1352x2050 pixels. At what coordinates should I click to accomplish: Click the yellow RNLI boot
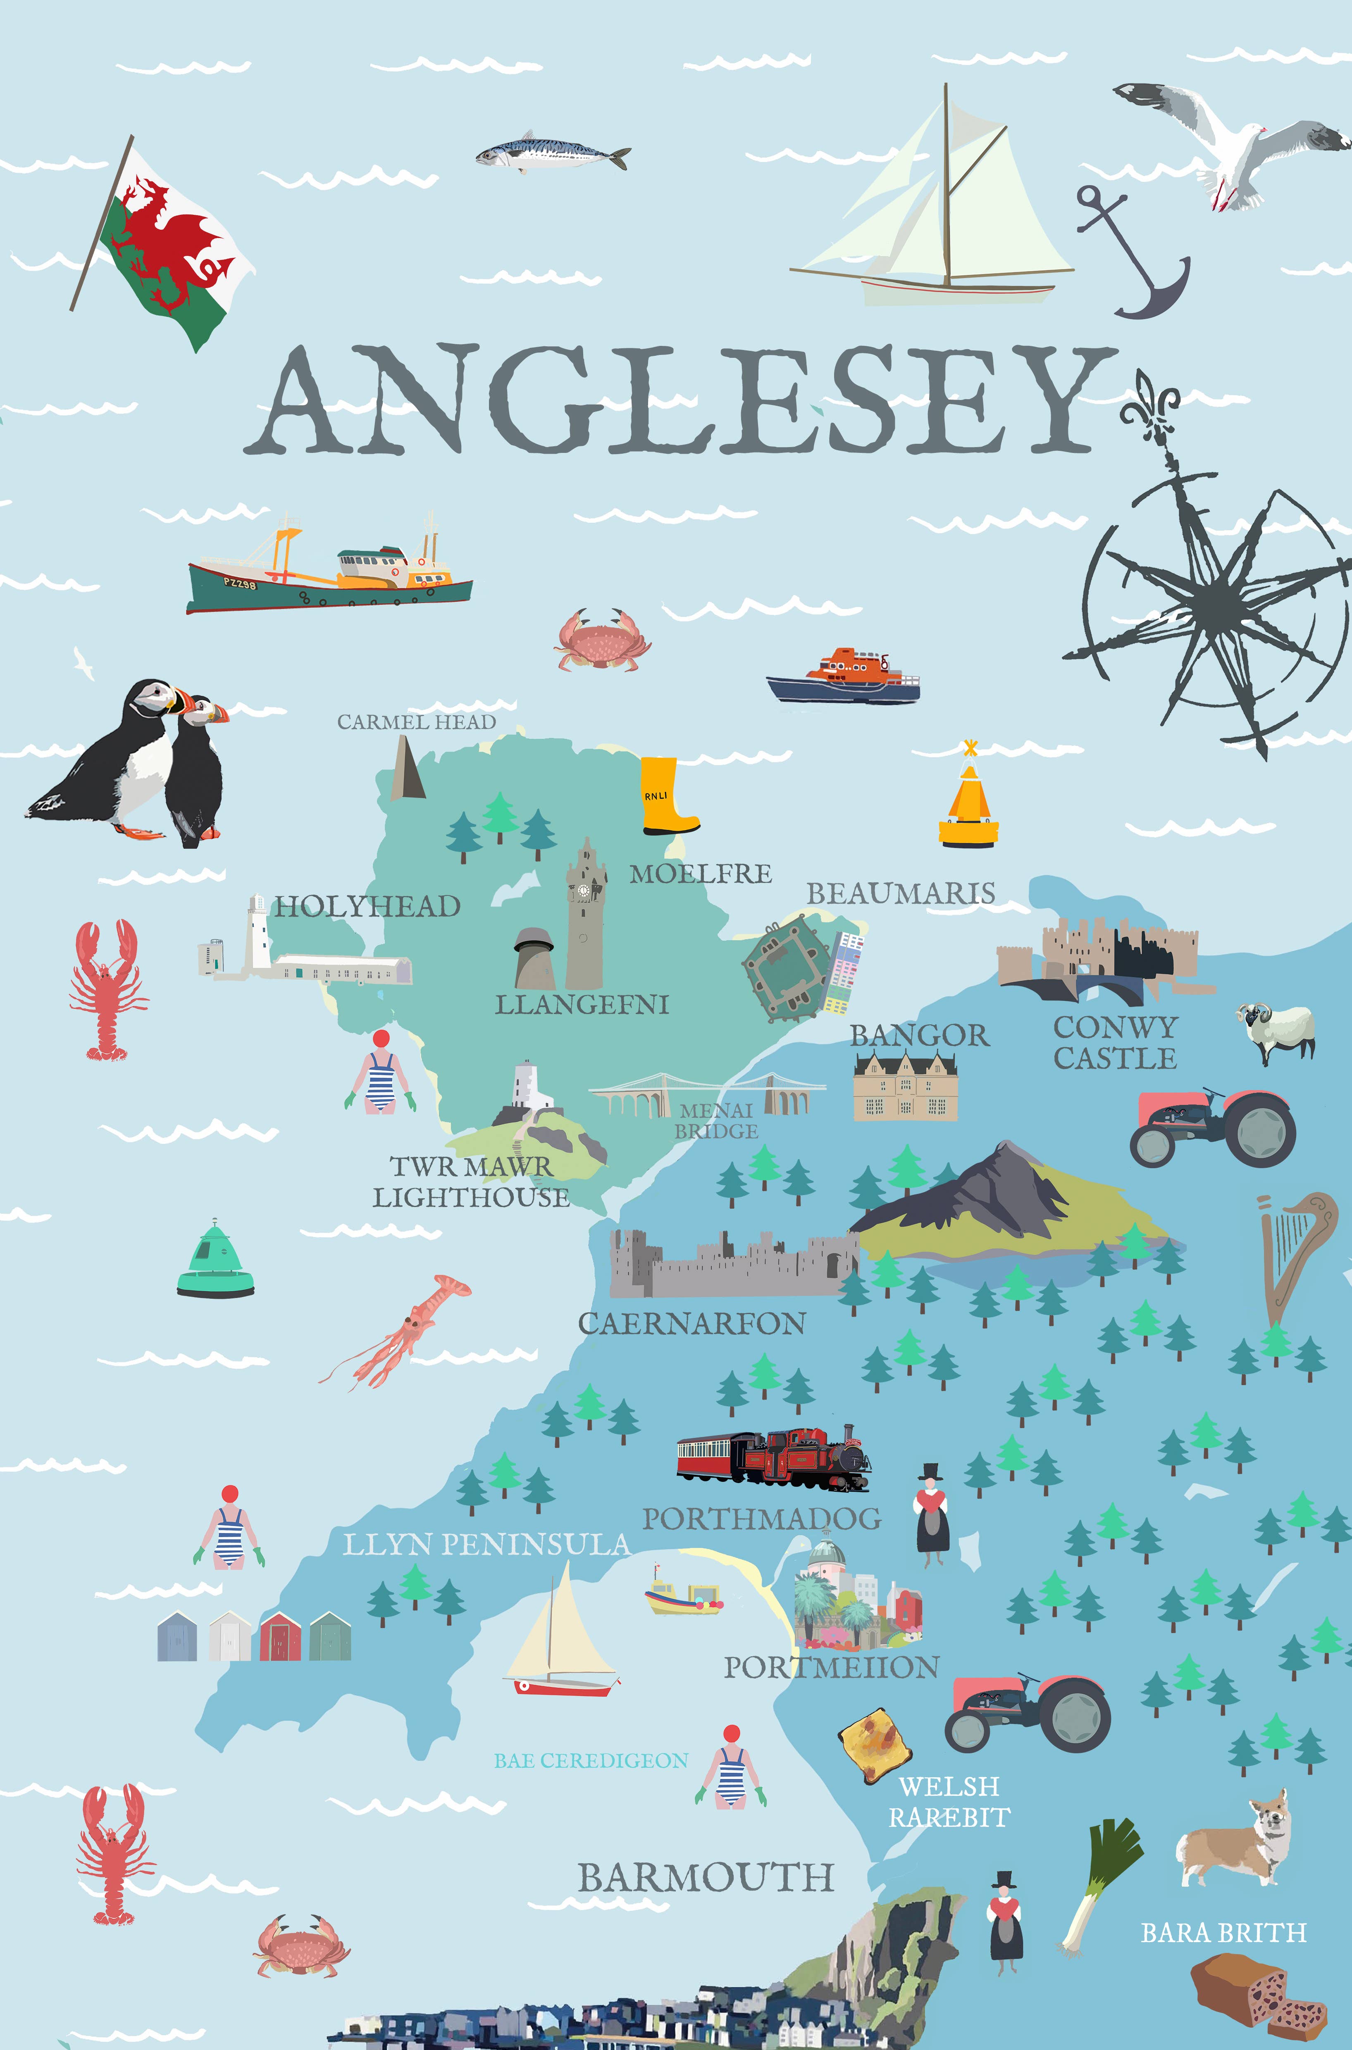point(664,795)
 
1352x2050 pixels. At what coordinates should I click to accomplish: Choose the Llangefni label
point(582,1004)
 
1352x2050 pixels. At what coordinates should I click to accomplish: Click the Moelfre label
point(700,874)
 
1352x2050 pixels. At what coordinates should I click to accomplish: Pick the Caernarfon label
point(691,1323)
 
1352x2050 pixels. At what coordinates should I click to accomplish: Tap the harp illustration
point(1289,1254)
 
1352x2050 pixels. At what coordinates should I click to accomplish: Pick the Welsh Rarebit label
point(949,1802)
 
